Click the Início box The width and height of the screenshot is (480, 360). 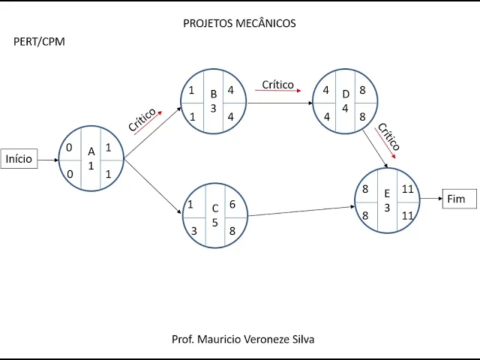point(19,159)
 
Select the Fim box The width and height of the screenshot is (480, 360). point(456,199)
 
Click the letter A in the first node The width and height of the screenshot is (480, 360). point(91,151)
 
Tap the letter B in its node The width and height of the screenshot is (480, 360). point(214,94)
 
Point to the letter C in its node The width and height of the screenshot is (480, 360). point(215,208)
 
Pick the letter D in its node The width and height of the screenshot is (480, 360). point(346,94)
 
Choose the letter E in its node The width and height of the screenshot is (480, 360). point(388,193)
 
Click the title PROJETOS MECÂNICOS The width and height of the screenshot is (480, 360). point(239,23)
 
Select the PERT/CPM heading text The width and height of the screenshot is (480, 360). point(39,41)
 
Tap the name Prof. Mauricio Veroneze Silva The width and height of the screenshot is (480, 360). point(243,339)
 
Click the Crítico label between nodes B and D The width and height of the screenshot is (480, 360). point(277,85)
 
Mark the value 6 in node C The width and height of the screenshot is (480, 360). point(232,204)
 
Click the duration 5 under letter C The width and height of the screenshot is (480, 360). point(215,223)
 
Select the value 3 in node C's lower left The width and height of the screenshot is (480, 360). point(193,231)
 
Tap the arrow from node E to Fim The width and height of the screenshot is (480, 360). point(431,199)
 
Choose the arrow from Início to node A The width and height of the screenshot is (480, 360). point(48,159)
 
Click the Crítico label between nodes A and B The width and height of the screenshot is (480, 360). point(142,120)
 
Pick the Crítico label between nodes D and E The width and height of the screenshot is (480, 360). point(388,136)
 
